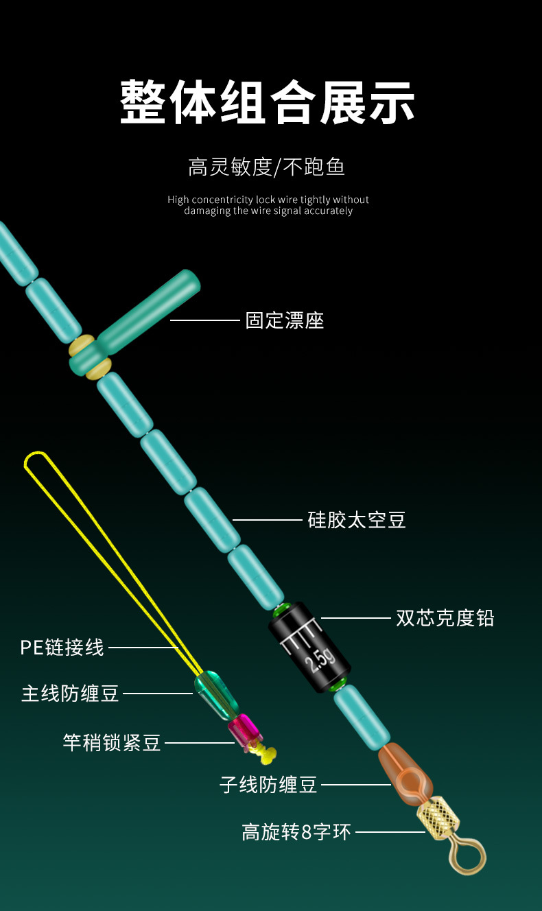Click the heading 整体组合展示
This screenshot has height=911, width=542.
point(267,102)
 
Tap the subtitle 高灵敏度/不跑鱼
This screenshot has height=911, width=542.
point(266,167)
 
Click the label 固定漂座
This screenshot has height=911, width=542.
point(284,320)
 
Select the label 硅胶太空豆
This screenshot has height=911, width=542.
point(357,520)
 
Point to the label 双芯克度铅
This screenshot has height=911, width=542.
point(445,618)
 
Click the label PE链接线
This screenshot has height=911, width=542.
point(62,647)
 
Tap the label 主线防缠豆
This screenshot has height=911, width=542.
point(70,694)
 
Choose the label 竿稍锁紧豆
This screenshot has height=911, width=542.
point(112,743)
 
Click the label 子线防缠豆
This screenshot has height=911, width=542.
point(268,785)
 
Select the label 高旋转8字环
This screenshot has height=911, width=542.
point(296,831)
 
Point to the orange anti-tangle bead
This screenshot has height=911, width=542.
point(405,774)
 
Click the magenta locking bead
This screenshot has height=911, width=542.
point(245,731)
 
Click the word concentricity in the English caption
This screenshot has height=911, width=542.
point(222,200)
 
